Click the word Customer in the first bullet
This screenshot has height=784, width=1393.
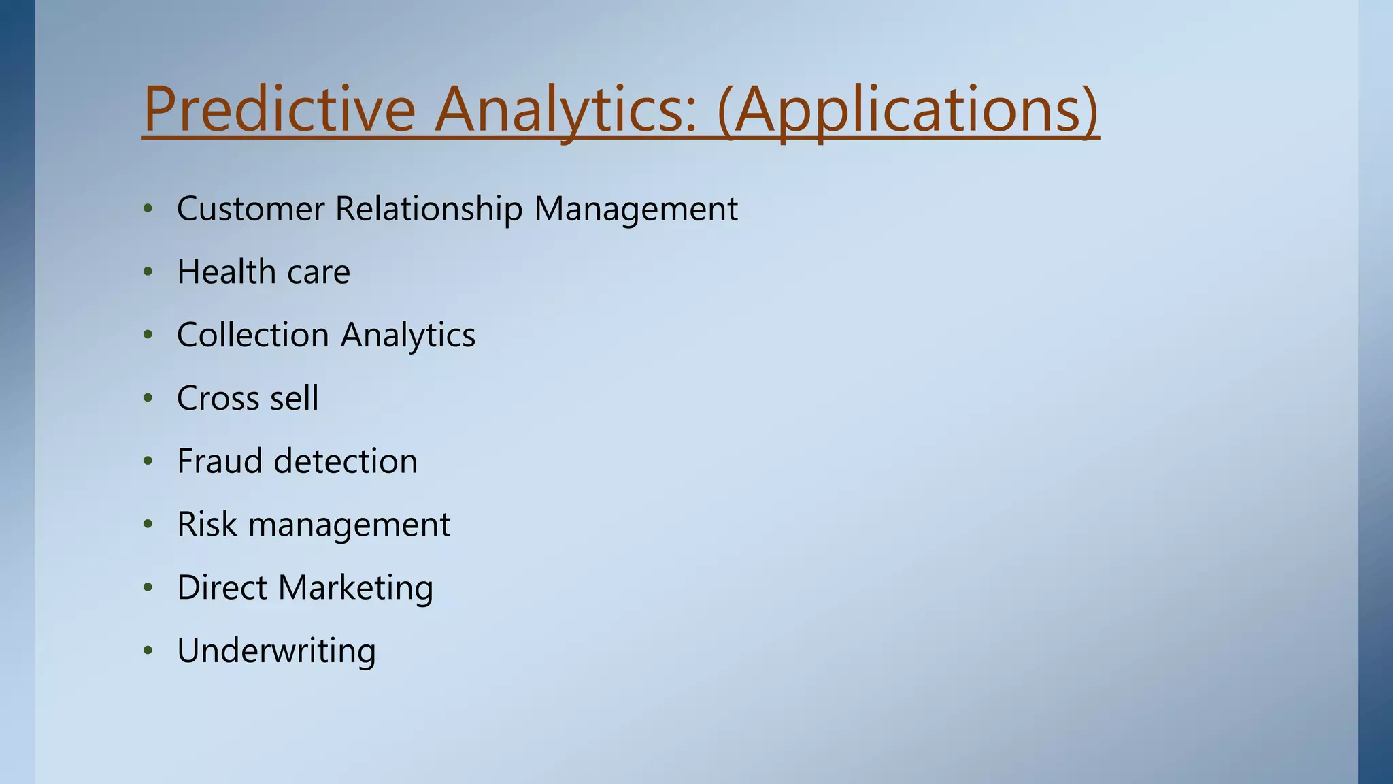250,208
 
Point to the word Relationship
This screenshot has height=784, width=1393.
429,208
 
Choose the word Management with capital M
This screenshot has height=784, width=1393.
636,208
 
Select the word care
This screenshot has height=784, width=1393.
318,272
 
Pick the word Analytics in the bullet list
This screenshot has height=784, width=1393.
408,335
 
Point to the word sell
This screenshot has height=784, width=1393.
294,398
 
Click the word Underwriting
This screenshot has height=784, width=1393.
276,651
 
